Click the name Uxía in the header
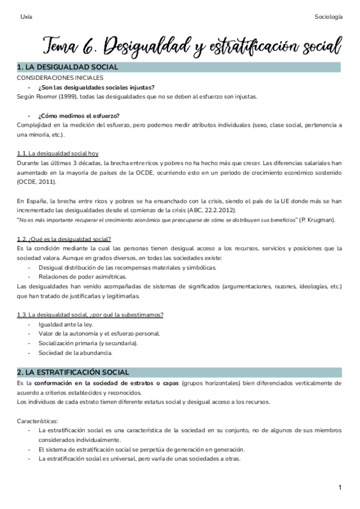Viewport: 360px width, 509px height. tap(26, 17)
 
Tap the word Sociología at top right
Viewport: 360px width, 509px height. tap(328, 17)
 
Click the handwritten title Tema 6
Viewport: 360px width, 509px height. tap(71, 44)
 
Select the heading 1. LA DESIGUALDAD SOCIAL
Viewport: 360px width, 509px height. tap(68, 67)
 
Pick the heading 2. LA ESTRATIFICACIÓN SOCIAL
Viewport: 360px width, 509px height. tap(73, 372)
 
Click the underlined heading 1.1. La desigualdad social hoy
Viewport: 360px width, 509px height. tap(58, 154)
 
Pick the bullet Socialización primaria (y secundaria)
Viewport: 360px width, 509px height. tap(88, 343)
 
